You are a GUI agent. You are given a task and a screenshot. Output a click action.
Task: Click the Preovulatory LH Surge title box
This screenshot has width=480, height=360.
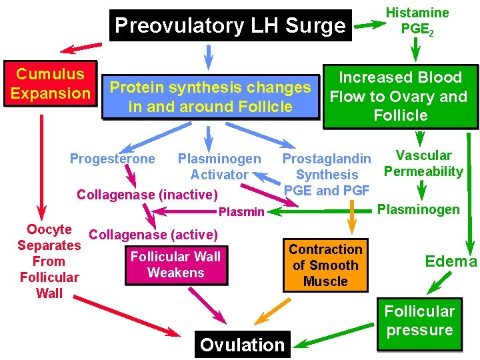[x=230, y=26]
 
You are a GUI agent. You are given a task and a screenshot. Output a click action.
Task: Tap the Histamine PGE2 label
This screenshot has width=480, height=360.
[x=417, y=21]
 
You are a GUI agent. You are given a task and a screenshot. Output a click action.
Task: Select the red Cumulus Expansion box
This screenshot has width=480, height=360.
[x=51, y=83]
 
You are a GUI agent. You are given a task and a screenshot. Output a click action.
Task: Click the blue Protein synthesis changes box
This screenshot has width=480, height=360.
[x=210, y=97]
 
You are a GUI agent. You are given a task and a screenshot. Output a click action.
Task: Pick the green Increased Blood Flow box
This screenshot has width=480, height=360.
[x=400, y=97]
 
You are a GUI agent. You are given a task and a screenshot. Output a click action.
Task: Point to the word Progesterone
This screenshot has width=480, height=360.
[x=112, y=159]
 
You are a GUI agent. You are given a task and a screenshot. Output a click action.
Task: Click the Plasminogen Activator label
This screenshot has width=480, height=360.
[x=219, y=167]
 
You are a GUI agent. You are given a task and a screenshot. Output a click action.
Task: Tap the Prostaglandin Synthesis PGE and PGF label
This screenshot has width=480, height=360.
[x=327, y=175]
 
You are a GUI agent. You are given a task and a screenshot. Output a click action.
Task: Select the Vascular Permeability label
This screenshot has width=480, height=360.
[x=423, y=163]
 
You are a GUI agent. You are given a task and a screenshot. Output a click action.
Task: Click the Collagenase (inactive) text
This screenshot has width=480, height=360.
[x=147, y=195]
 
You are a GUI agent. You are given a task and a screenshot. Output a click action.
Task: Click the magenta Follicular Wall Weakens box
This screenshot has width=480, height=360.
[x=176, y=265]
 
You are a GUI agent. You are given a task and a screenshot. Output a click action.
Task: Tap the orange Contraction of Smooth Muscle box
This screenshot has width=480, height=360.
[x=325, y=265]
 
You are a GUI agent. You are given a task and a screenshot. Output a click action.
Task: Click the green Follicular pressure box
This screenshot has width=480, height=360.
[x=419, y=321]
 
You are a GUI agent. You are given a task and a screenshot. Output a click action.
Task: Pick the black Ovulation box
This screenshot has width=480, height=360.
[x=242, y=345]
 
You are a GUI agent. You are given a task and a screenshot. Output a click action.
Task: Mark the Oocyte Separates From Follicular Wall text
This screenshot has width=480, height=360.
[x=49, y=261]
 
